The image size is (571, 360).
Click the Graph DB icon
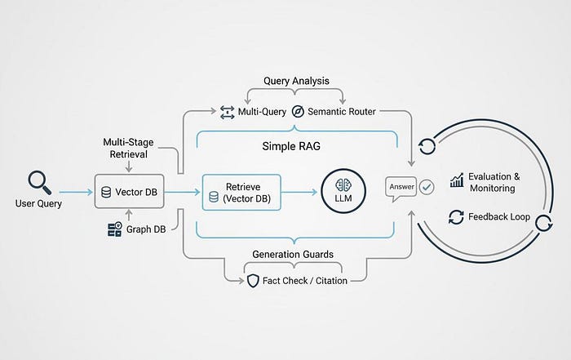[x=115, y=230]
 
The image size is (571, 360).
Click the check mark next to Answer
[x=427, y=187]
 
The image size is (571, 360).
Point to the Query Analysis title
[x=295, y=82]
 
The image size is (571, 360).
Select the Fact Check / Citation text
[x=304, y=281]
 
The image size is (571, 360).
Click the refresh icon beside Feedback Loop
[x=456, y=218]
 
